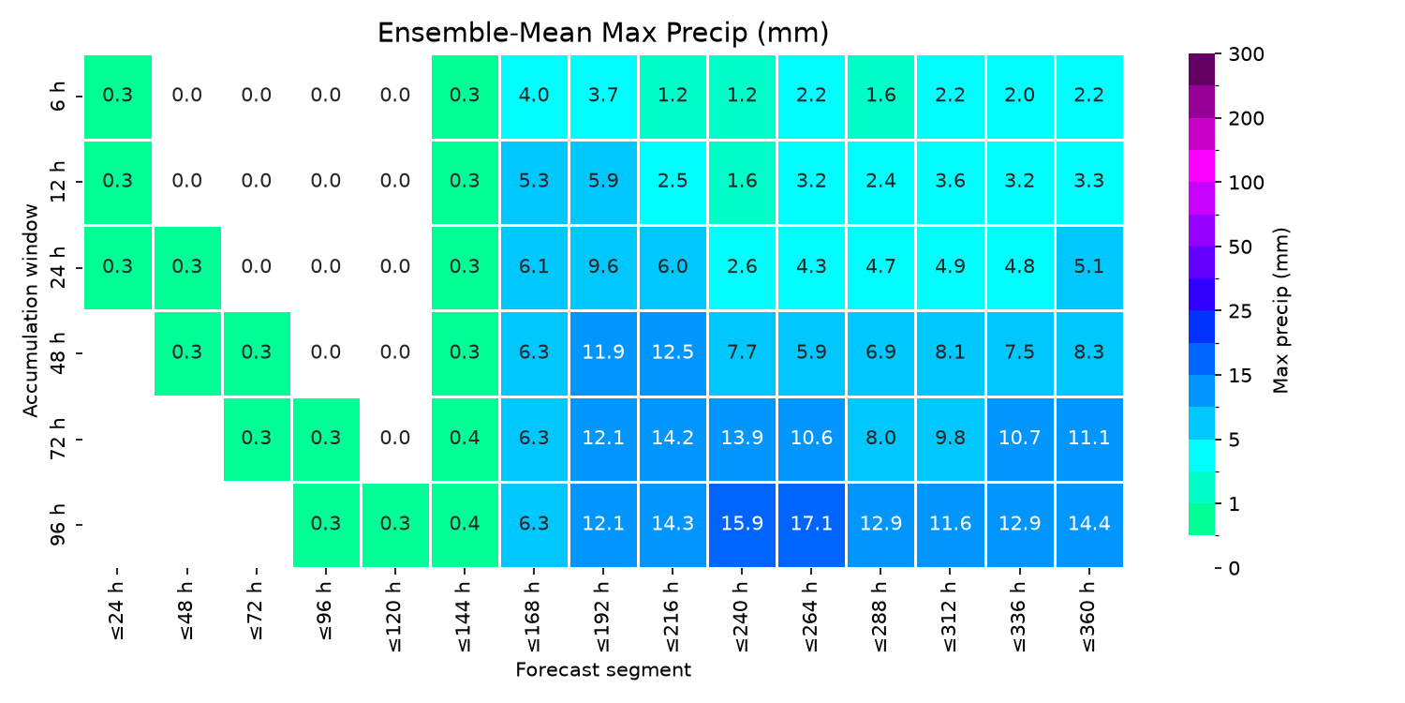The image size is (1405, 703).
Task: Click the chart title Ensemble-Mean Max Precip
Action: coord(603,33)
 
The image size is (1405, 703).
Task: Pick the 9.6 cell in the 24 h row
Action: coord(603,267)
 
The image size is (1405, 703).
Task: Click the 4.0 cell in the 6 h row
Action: coord(534,96)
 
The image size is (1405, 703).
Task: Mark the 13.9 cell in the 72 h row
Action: coord(742,439)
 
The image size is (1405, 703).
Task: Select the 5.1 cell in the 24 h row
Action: coord(1088,267)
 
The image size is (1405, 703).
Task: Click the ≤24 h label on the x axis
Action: coord(117,611)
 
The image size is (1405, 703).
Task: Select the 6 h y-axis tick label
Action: coord(57,96)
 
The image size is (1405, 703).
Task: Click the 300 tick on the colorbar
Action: coord(1247,54)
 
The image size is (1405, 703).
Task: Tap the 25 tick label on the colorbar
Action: coord(1240,311)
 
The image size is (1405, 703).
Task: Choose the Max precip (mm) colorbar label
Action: coord(1280,310)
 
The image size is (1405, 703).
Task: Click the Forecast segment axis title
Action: coord(603,670)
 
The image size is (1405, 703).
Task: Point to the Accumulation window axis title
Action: coord(30,310)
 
